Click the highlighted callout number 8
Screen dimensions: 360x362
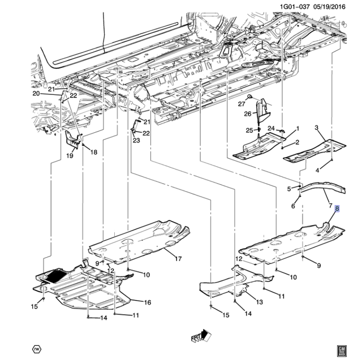(x=338, y=209)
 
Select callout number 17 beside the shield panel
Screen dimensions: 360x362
(x=178, y=259)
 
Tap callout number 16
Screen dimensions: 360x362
(x=147, y=303)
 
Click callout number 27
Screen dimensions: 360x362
(x=241, y=104)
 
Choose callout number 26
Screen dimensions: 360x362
(x=247, y=114)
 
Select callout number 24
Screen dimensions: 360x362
(x=271, y=128)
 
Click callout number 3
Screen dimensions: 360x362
(x=316, y=128)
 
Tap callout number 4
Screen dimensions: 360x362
(x=318, y=170)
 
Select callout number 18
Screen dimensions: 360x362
(x=93, y=152)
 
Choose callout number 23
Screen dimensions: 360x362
(x=136, y=141)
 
